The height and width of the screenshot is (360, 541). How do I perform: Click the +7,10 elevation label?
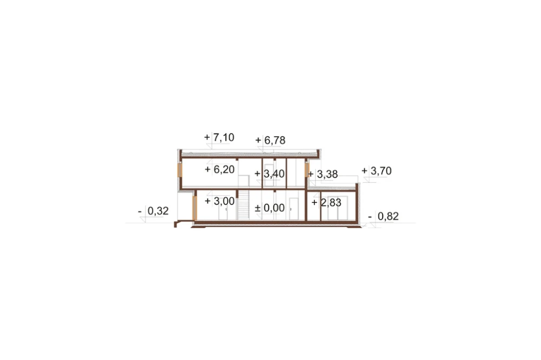(x=219, y=137)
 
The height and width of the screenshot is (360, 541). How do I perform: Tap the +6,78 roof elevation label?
(x=270, y=141)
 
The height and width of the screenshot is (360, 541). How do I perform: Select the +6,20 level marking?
(x=220, y=169)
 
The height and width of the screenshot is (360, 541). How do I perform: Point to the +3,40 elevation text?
(x=269, y=174)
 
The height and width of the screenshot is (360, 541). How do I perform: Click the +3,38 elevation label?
(x=322, y=174)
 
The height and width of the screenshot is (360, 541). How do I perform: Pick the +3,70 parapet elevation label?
(x=377, y=171)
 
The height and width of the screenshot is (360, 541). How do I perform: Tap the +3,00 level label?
(x=220, y=201)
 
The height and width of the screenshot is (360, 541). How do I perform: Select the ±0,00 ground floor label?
(x=269, y=208)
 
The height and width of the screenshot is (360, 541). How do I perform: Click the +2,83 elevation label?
(x=326, y=202)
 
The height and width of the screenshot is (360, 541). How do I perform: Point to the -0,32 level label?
(x=153, y=211)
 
